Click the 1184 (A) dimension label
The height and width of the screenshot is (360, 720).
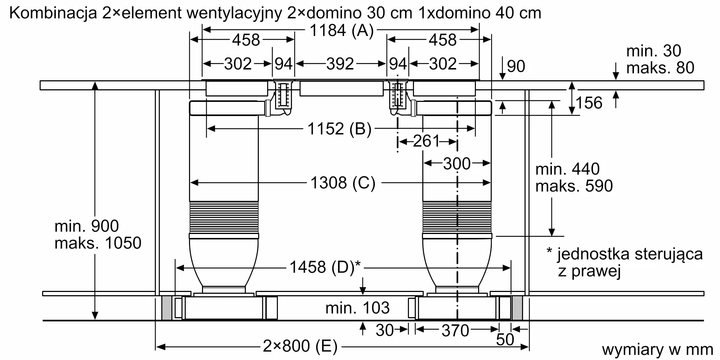click(x=341, y=31)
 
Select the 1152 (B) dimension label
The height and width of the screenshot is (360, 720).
click(x=339, y=129)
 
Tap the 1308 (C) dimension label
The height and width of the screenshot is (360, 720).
click(x=343, y=183)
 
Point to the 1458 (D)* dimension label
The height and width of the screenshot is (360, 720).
click(x=325, y=267)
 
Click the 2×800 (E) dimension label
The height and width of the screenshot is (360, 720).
click(x=300, y=346)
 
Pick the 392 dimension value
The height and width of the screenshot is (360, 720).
click(x=340, y=64)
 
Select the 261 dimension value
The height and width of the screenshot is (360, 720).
click(x=426, y=141)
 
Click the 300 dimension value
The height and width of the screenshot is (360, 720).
click(x=457, y=164)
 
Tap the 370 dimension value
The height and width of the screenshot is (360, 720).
click(x=455, y=330)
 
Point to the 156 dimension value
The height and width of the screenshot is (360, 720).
click(x=589, y=103)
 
